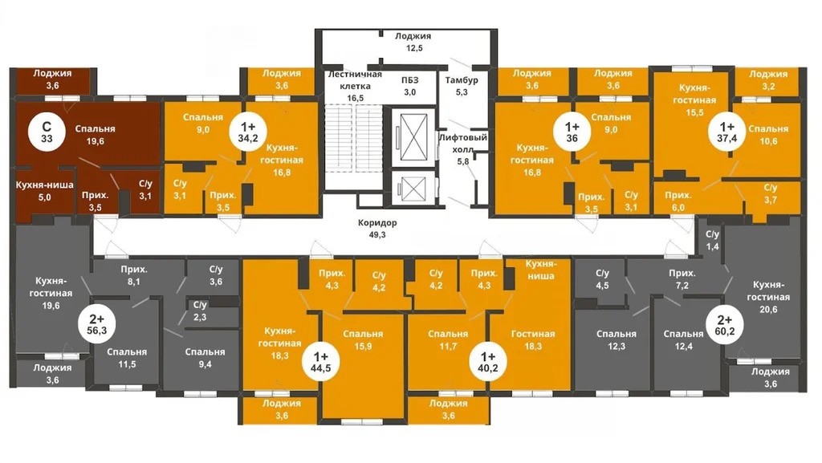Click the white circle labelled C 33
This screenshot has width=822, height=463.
click(x=47, y=132)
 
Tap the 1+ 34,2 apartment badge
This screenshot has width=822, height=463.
click(x=248, y=132)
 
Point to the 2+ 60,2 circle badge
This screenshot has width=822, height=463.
click(x=725, y=325)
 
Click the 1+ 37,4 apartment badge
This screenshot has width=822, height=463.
click(x=726, y=132)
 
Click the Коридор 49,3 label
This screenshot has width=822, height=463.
click(x=377, y=229)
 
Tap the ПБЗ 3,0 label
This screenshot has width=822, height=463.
click(x=410, y=86)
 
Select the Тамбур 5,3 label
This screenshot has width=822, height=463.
click(x=462, y=86)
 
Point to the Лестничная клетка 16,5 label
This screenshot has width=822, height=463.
click(x=355, y=86)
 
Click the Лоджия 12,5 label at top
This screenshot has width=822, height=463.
click(x=413, y=42)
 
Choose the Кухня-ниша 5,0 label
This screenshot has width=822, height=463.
click(x=45, y=191)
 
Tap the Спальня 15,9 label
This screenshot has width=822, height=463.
click(x=363, y=340)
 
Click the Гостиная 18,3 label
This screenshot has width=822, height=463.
click(x=533, y=340)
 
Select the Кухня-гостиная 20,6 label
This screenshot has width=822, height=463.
click(x=768, y=297)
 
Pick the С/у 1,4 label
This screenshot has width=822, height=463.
click(x=713, y=241)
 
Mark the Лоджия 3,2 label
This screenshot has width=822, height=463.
click(x=768, y=80)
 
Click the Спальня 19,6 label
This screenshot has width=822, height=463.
click(x=95, y=135)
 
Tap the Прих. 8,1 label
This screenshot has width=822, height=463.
click(x=134, y=275)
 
